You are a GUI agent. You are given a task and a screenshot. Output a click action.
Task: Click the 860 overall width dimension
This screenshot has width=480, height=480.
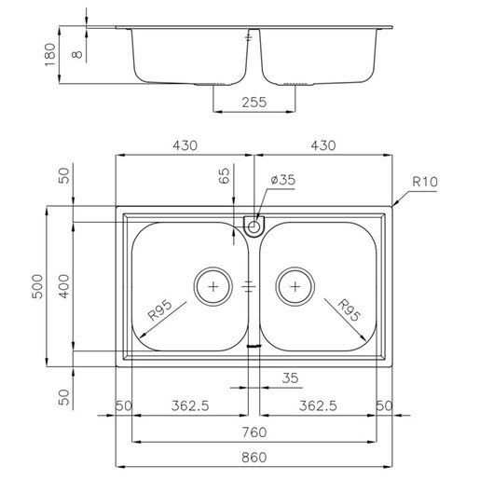point(254,458)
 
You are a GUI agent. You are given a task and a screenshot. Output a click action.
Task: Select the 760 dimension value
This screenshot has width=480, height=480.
point(254,432)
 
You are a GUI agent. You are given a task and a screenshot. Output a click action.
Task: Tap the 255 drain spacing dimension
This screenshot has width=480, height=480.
point(254,103)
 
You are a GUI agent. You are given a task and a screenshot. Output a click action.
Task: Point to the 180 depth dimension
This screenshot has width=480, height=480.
point(50,55)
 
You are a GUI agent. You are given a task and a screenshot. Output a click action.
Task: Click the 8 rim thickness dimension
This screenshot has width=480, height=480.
point(77,54)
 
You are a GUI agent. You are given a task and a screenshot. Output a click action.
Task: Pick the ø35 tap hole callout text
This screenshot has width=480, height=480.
point(283,180)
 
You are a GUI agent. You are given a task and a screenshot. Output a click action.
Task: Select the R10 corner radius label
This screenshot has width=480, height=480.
point(425,182)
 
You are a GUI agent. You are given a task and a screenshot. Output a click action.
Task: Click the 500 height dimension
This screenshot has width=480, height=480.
point(37,286)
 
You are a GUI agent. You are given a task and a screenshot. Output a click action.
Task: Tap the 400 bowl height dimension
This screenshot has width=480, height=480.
point(64,286)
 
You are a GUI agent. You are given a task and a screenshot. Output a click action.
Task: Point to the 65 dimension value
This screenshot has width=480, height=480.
point(224,176)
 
